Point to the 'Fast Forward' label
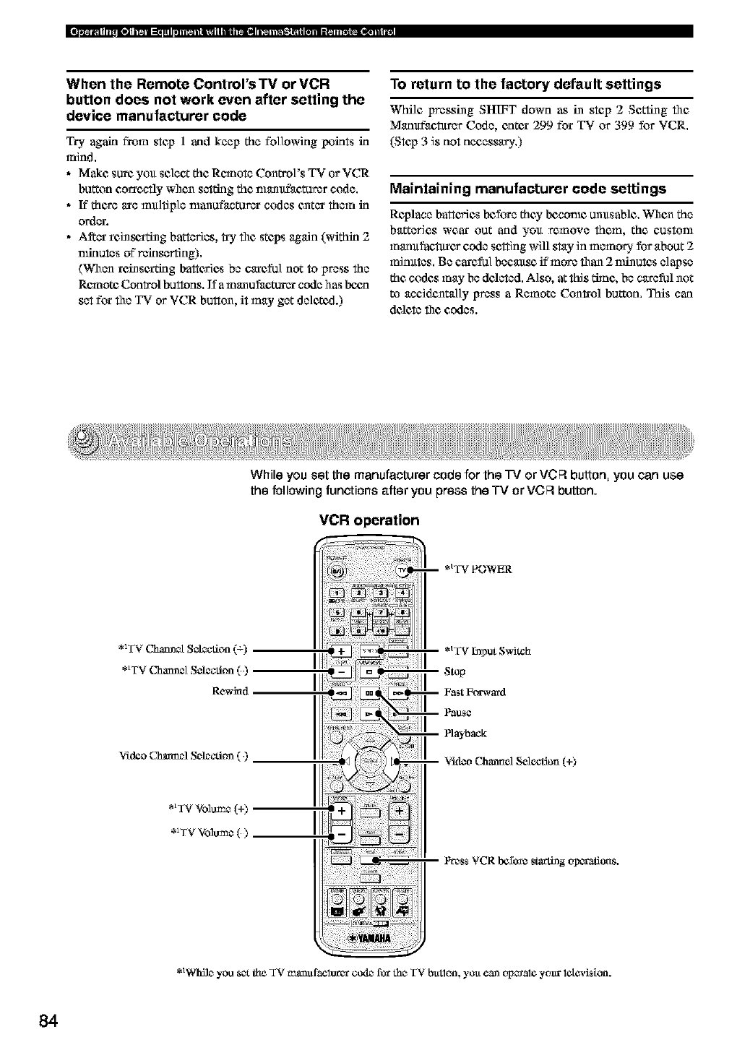pos(475,692)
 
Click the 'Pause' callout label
pos(458,713)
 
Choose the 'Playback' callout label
pos(465,734)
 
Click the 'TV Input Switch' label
pos(487,650)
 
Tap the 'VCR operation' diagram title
pos(368,520)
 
